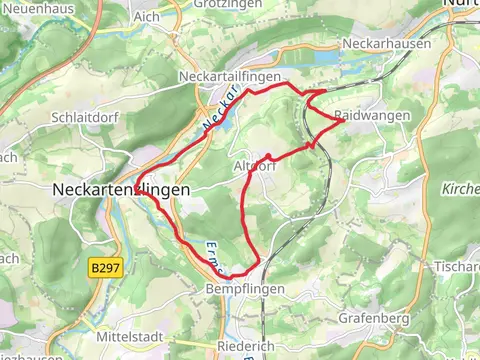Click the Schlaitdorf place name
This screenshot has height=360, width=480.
85,116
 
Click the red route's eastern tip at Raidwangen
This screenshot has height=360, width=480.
344,123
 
